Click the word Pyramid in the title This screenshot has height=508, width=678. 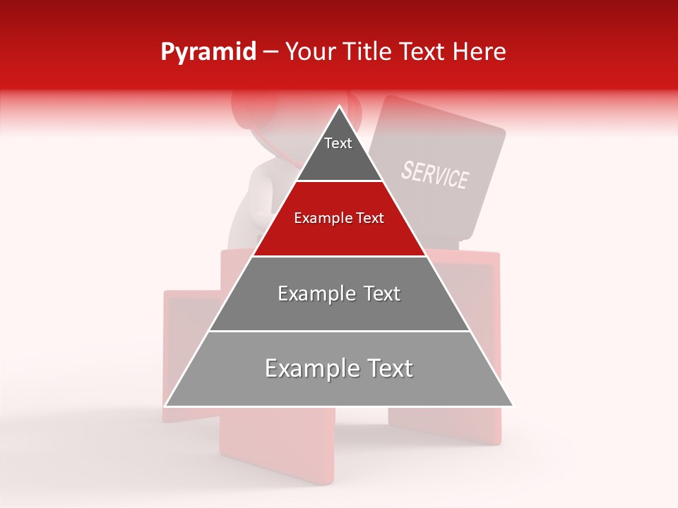pyautogui.click(x=208, y=52)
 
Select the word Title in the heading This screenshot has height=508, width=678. pyautogui.click(x=368, y=52)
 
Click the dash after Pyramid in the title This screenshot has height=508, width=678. pyautogui.click(x=270, y=52)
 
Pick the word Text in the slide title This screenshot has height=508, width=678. pyautogui.click(x=424, y=52)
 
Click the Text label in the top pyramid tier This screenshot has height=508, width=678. pyautogui.click(x=338, y=143)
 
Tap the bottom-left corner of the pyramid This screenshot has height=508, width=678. pyautogui.click(x=165, y=406)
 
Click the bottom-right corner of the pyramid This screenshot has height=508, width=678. pyautogui.click(x=513, y=406)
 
